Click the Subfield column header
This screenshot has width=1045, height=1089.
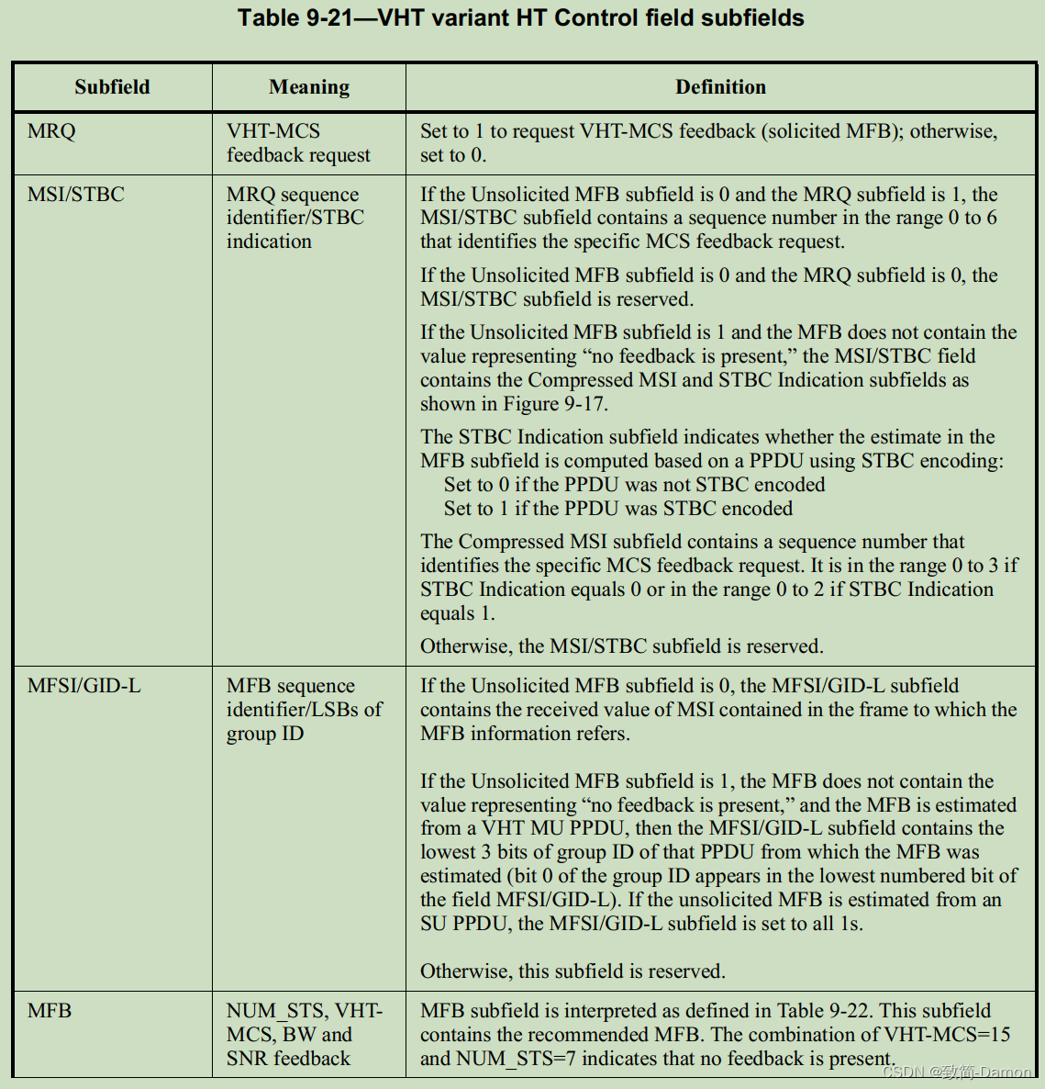pyautogui.click(x=112, y=87)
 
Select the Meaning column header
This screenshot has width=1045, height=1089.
pyautogui.click(x=309, y=87)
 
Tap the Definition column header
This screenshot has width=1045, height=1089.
pyautogui.click(x=720, y=87)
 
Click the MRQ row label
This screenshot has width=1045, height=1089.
pyautogui.click(x=51, y=131)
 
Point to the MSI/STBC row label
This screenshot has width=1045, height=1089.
pyautogui.click(x=75, y=195)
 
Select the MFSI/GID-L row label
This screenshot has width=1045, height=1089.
pyautogui.click(x=83, y=686)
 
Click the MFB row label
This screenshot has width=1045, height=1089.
pyautogui.click(x=50, y=1011)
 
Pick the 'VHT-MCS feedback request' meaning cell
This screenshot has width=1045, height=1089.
pyautogui.click(x=298, y=143)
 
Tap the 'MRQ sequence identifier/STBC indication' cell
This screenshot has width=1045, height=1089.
pyautogui.click(x=295, y=218)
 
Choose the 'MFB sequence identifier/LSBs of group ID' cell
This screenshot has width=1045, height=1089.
pyautogui.click(x=304, y=710)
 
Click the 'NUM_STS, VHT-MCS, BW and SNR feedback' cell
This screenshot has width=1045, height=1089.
pyautogui.click(x=304, y=1035)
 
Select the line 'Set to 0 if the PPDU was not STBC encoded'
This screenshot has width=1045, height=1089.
pyautogui.click(x=634, y=485)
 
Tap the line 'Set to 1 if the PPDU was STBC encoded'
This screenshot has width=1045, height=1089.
pyautogui.click(x=617, y=509)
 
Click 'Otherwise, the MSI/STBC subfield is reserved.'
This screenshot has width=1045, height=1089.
pyautogui.click(x=621, y=646)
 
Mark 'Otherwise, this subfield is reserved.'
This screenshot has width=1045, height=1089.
pyautogui.click(x=573, y=971)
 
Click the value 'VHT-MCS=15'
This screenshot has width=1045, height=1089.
pyautogui.click(x=947, y=1035)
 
